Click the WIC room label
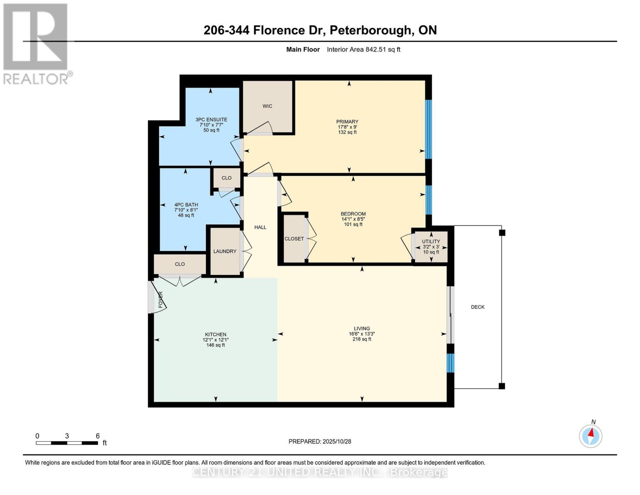[x=267, y=106]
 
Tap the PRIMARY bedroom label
[x=347, y=122]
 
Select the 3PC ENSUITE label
[x=211, y=120]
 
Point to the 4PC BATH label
[x=186, y=205]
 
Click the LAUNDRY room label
[x=225, y=251]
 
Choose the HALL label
[x=260, y=227]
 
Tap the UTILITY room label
[x=431, y=241]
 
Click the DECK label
[x=478, y=307]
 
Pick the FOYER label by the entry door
[x=161, y=299]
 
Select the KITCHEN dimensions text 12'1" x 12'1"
[x=216, y=340]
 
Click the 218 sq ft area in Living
[x=361, y=339]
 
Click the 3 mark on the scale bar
[x=67, y=436]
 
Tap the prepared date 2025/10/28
[x=337, y=441]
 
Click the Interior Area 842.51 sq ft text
[x=363, y=49]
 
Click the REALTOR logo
[x=36, y=44]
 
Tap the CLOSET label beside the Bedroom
[x=294, y=239]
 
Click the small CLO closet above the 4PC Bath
[x=226, y=178]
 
